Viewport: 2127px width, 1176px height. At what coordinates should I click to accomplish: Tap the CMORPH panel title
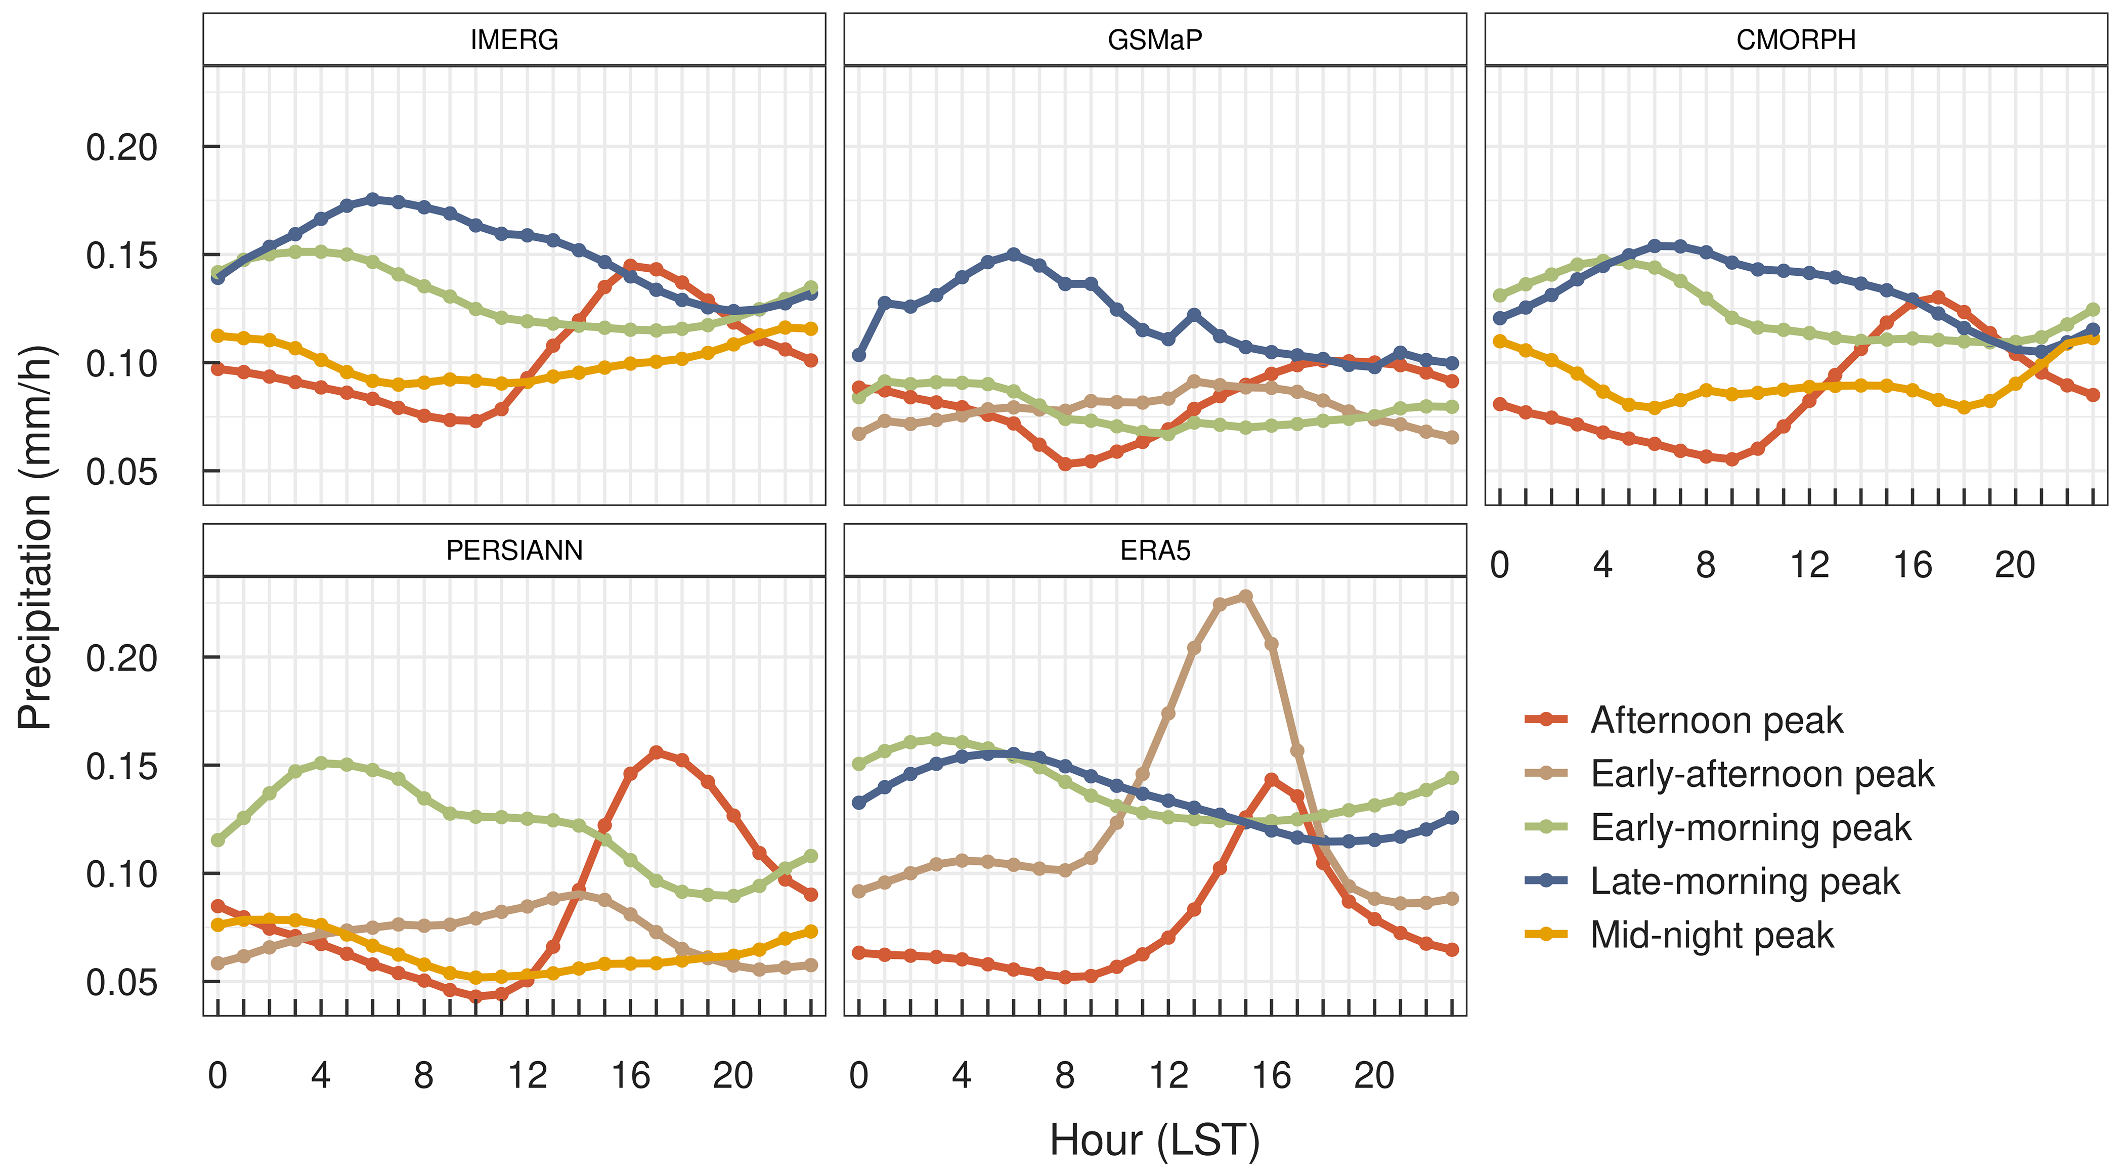pyautogui.click(x=1796, y=39)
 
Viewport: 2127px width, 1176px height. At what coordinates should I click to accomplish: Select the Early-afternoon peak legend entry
pyautogui.click(x=1761, y=774)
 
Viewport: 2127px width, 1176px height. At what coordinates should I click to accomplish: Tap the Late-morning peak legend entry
pyautogui.click(x=1744, y=881)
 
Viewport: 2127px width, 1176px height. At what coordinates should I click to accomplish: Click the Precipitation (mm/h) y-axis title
pyautogui.click(x=35, y=537)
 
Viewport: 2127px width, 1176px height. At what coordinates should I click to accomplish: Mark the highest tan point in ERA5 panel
pyautogui.click(x=1246, y=596)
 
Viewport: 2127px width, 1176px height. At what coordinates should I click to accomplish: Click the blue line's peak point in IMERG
pyautogui.click(x=372, y=199)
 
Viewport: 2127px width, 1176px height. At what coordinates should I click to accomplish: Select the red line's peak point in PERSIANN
pyautogui.click(x=657, y=752)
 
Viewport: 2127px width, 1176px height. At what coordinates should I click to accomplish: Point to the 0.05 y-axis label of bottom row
pyautogui.click(x=121, y=983)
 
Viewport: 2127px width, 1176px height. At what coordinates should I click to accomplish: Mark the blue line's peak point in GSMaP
pyautogui.click(x=1014, y=255)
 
